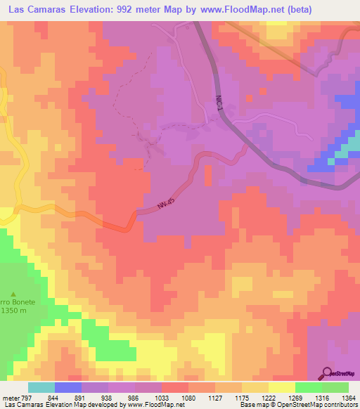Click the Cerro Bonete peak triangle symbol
13,294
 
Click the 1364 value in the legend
347,396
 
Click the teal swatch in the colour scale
41,387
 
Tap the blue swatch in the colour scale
67,387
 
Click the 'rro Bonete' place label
14,302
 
